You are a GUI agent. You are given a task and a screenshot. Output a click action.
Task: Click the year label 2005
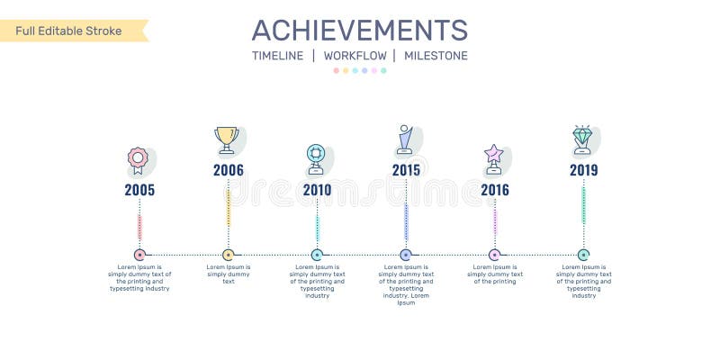pos(139,190)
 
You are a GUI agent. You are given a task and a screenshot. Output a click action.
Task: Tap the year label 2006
pos(229,169)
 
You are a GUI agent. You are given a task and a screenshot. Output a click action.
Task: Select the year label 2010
pos(317,190)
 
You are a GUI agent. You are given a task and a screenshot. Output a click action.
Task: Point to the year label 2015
pos(406,169)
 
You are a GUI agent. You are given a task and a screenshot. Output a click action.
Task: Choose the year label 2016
pos(494,190)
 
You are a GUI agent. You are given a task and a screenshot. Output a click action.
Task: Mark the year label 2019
pos(583,169)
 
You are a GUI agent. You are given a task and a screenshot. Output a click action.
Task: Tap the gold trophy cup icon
pos(226,139)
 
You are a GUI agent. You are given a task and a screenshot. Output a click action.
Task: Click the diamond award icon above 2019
pos(582,139)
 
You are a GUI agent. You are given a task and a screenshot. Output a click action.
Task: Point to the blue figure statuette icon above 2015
pos(405,139)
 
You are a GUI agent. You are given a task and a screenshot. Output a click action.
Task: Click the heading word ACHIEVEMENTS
pos(359,30)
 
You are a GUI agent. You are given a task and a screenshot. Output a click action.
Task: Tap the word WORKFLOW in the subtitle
pos(355,56)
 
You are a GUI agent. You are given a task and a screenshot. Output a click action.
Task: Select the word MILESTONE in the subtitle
pos(436,56)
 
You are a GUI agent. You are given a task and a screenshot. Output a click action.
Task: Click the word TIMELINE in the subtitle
pos(277,56)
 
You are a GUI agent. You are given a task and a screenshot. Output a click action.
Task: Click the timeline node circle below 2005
pos(139,255)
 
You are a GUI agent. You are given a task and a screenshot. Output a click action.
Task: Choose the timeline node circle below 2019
pos(583,255)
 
